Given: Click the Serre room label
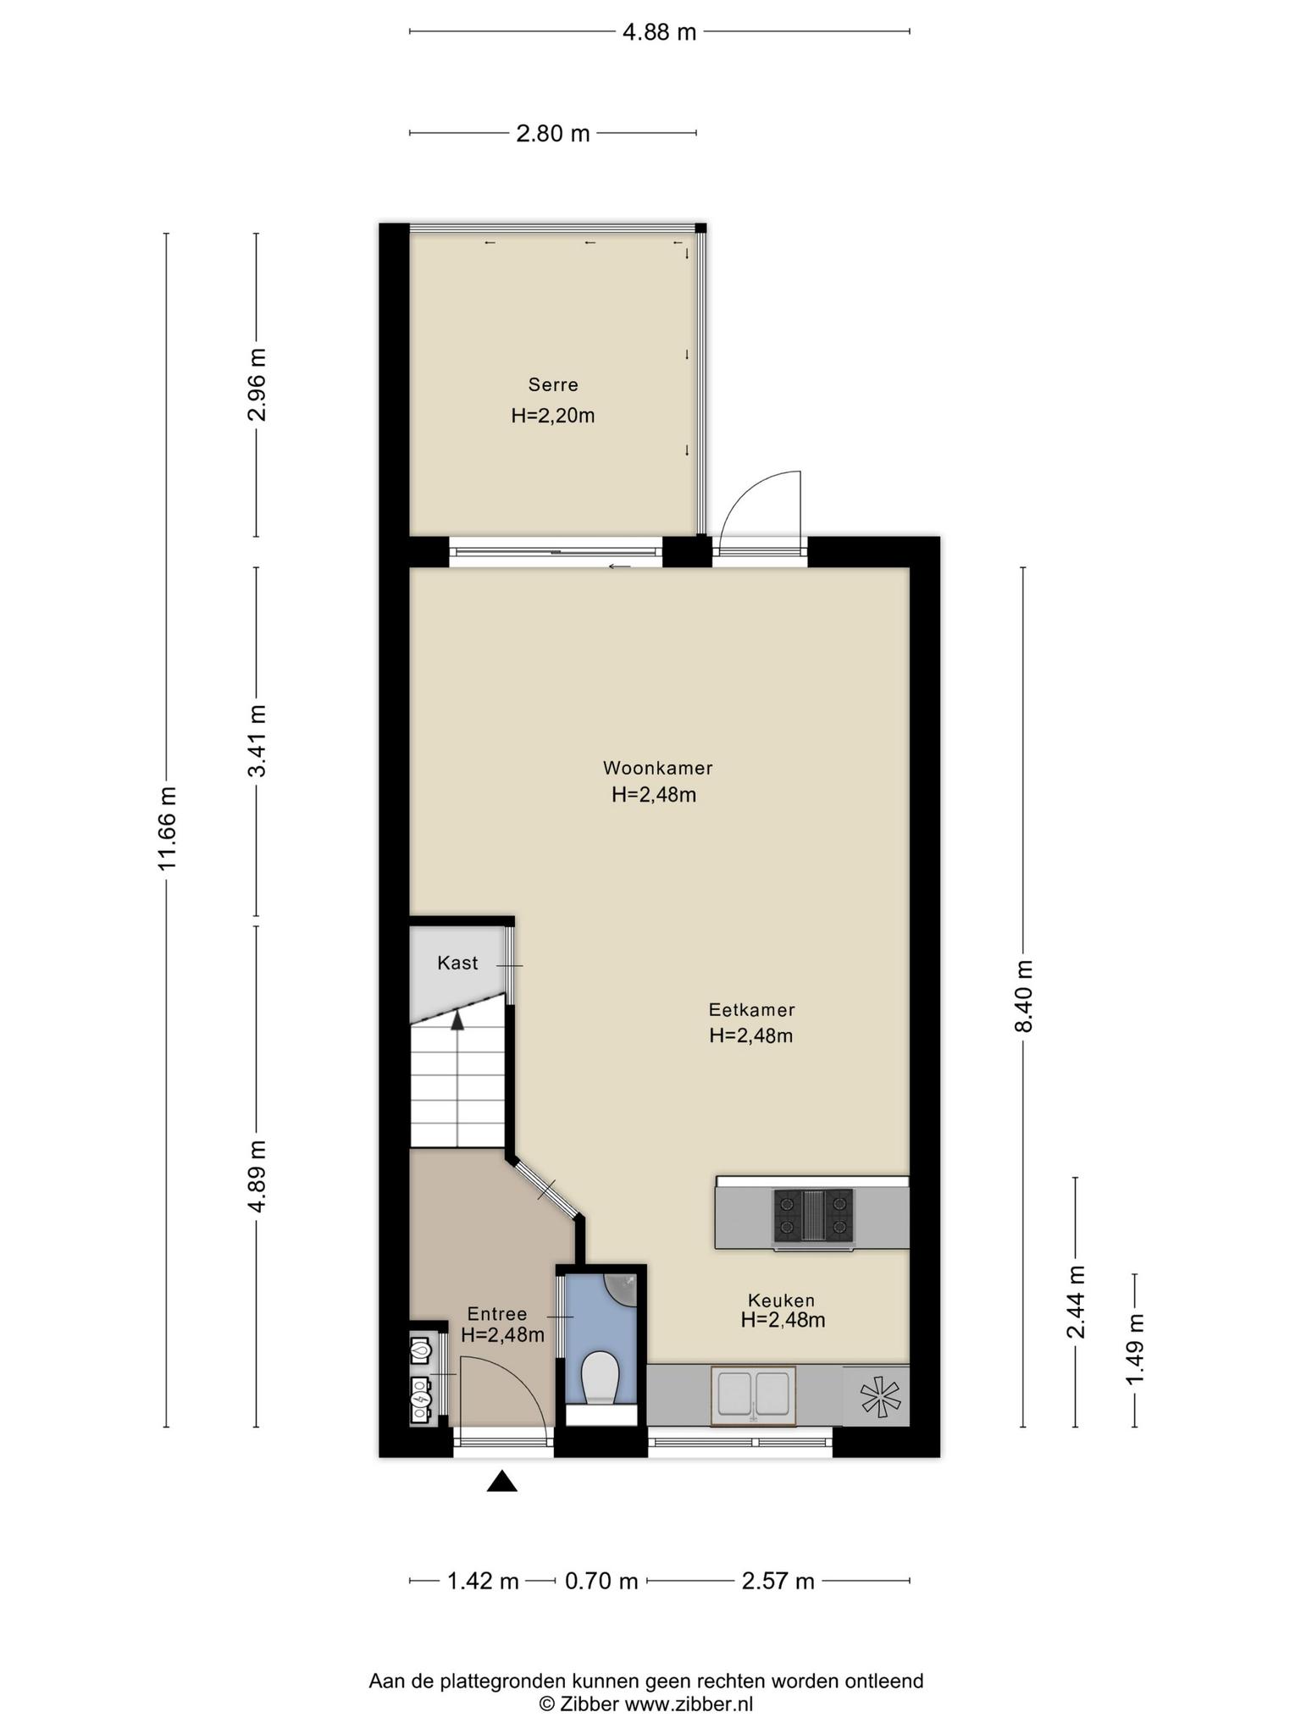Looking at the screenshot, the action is point(553,384).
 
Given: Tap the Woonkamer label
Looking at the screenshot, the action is point(657,768).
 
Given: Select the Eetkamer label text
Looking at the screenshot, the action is point(751,1009).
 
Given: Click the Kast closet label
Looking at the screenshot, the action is point(457,963).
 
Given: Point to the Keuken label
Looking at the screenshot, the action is point(781,1300).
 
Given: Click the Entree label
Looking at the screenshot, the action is point(497,1313).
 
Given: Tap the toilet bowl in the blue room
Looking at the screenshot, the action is point(601,1378).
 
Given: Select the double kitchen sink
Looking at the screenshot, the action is point(753,1396).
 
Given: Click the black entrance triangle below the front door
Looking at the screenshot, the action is point(502,1481).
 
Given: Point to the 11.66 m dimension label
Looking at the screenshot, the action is point(166,828).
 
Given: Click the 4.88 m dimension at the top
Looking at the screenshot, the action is point(659,32).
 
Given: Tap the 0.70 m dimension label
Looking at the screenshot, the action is point(601,1581).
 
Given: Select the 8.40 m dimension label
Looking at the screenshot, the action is point(1023,997).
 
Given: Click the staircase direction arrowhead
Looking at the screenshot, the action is point(457,1020).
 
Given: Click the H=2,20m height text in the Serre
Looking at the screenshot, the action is point(553,416).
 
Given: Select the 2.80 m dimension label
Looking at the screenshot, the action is point(553,134).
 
